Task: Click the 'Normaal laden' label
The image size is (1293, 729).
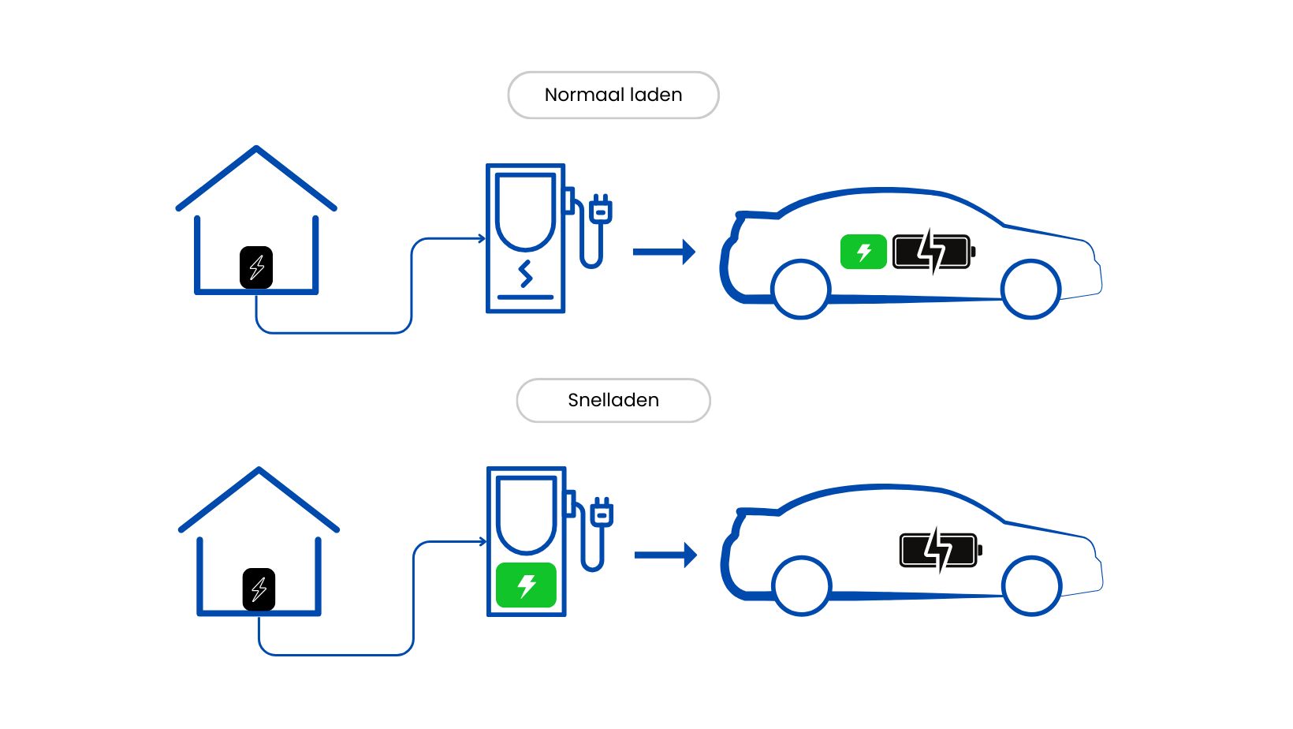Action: click(613, 95)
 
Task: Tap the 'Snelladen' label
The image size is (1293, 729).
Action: click(613, 400)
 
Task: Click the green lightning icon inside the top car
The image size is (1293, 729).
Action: click(863, 252)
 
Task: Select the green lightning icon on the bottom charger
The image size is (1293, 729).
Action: click(526, 585)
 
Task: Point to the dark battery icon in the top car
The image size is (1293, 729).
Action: click(933, 252)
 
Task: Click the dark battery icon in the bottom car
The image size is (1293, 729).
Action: click(939, 550)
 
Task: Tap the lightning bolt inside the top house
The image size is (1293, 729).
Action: click(257, 267)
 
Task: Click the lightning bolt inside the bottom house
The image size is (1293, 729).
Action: click(259, 589)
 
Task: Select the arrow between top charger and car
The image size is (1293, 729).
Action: click(664, 252)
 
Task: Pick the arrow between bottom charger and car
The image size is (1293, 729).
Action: click(665, 555)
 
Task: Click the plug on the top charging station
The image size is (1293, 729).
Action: click(601, 211)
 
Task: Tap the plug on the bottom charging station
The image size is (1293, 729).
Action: click(602, 514)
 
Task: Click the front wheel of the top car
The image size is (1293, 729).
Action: click(1030, 289)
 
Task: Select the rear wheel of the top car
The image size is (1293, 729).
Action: click(801, 289)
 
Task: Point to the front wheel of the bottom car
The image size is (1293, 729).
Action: click(1031, 585)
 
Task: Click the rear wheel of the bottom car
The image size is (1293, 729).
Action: click(802, 585)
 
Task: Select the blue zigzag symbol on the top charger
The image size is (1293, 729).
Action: click(526, 274)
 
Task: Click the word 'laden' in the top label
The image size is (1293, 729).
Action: click(656, 95)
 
